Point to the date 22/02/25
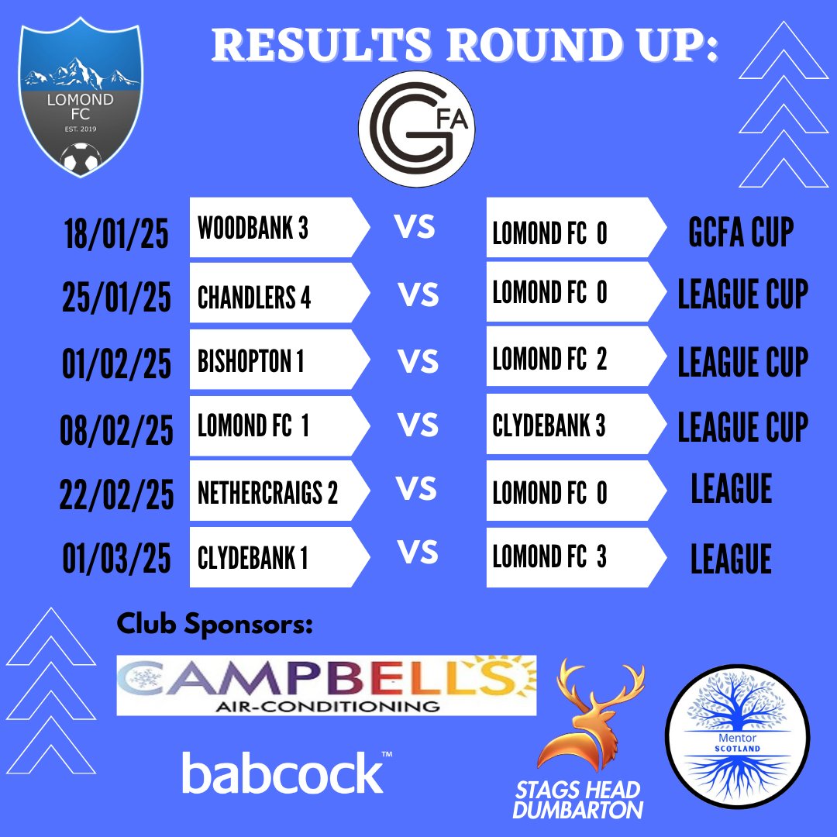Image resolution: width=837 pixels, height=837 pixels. (116, 494)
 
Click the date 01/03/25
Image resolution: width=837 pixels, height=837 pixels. (116, 558)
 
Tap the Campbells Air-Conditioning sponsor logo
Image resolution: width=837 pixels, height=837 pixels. (326, 684)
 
